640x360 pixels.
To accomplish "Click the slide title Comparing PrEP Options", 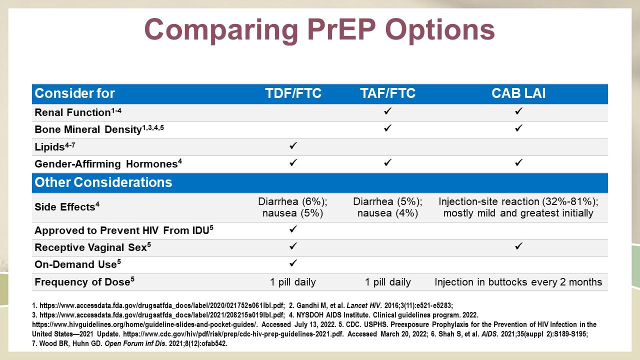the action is [x=319, y=30].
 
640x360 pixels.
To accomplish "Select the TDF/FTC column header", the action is [x=293, y=93].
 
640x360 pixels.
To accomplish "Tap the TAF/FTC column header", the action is [x=387, y=93].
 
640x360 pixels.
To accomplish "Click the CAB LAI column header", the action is [x=518, y=93].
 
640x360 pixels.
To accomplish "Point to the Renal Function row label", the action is [x=77, y=112].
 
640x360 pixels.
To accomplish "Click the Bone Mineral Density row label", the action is [x=99, y=129].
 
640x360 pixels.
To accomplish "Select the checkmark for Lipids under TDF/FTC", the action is [x=293, y=145].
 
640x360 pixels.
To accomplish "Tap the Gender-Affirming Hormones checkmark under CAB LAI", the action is [x=518, y=163].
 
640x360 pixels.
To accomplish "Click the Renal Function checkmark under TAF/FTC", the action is [x=387, y=111].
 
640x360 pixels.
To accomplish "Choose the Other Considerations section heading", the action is [x=103, y=182].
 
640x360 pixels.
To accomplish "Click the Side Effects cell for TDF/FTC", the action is [x=293, y=207].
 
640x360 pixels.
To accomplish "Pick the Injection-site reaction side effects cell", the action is [x=518, y=207].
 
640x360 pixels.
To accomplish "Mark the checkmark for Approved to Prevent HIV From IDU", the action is [x=293, y=229].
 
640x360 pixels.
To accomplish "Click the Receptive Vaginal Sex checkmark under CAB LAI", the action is [x=518, y=246].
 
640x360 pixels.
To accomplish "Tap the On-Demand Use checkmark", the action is [x=293, y=263].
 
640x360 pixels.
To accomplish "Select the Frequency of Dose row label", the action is [x=84, y=281].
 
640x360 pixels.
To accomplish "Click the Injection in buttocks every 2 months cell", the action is [x=518, y=282].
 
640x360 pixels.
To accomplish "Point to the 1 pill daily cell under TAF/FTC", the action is [x=387, y=282].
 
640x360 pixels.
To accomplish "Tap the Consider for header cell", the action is [x=74, y=93].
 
